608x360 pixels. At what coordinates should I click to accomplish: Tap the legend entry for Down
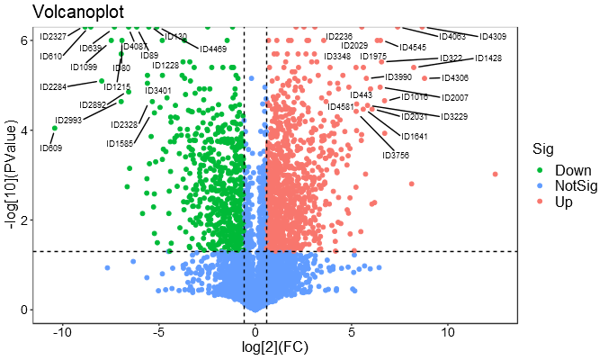coord(572,170)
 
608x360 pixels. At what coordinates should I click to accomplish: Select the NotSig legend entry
coord(577,186)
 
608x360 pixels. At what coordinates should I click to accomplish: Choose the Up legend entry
coord(564,202)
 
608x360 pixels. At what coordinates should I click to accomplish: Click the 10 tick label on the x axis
coord(448,331)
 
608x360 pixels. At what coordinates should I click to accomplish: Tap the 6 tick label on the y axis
coord(25,40)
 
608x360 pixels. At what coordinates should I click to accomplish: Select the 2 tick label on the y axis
coord(25,220)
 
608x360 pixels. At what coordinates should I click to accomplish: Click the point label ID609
coord(50,148)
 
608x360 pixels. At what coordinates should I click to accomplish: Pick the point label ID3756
coord(396,155)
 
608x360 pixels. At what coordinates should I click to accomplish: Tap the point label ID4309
coord(493,36)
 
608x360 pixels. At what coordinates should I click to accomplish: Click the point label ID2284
coord(53,87)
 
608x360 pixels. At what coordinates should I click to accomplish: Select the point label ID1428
coord(488,58)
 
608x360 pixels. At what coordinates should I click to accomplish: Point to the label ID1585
coord(120,143)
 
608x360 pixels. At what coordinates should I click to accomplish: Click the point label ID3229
coord(454,117)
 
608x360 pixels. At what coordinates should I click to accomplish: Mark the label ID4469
coord(213,49)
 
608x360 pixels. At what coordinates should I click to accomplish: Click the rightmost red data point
coord(495,174)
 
